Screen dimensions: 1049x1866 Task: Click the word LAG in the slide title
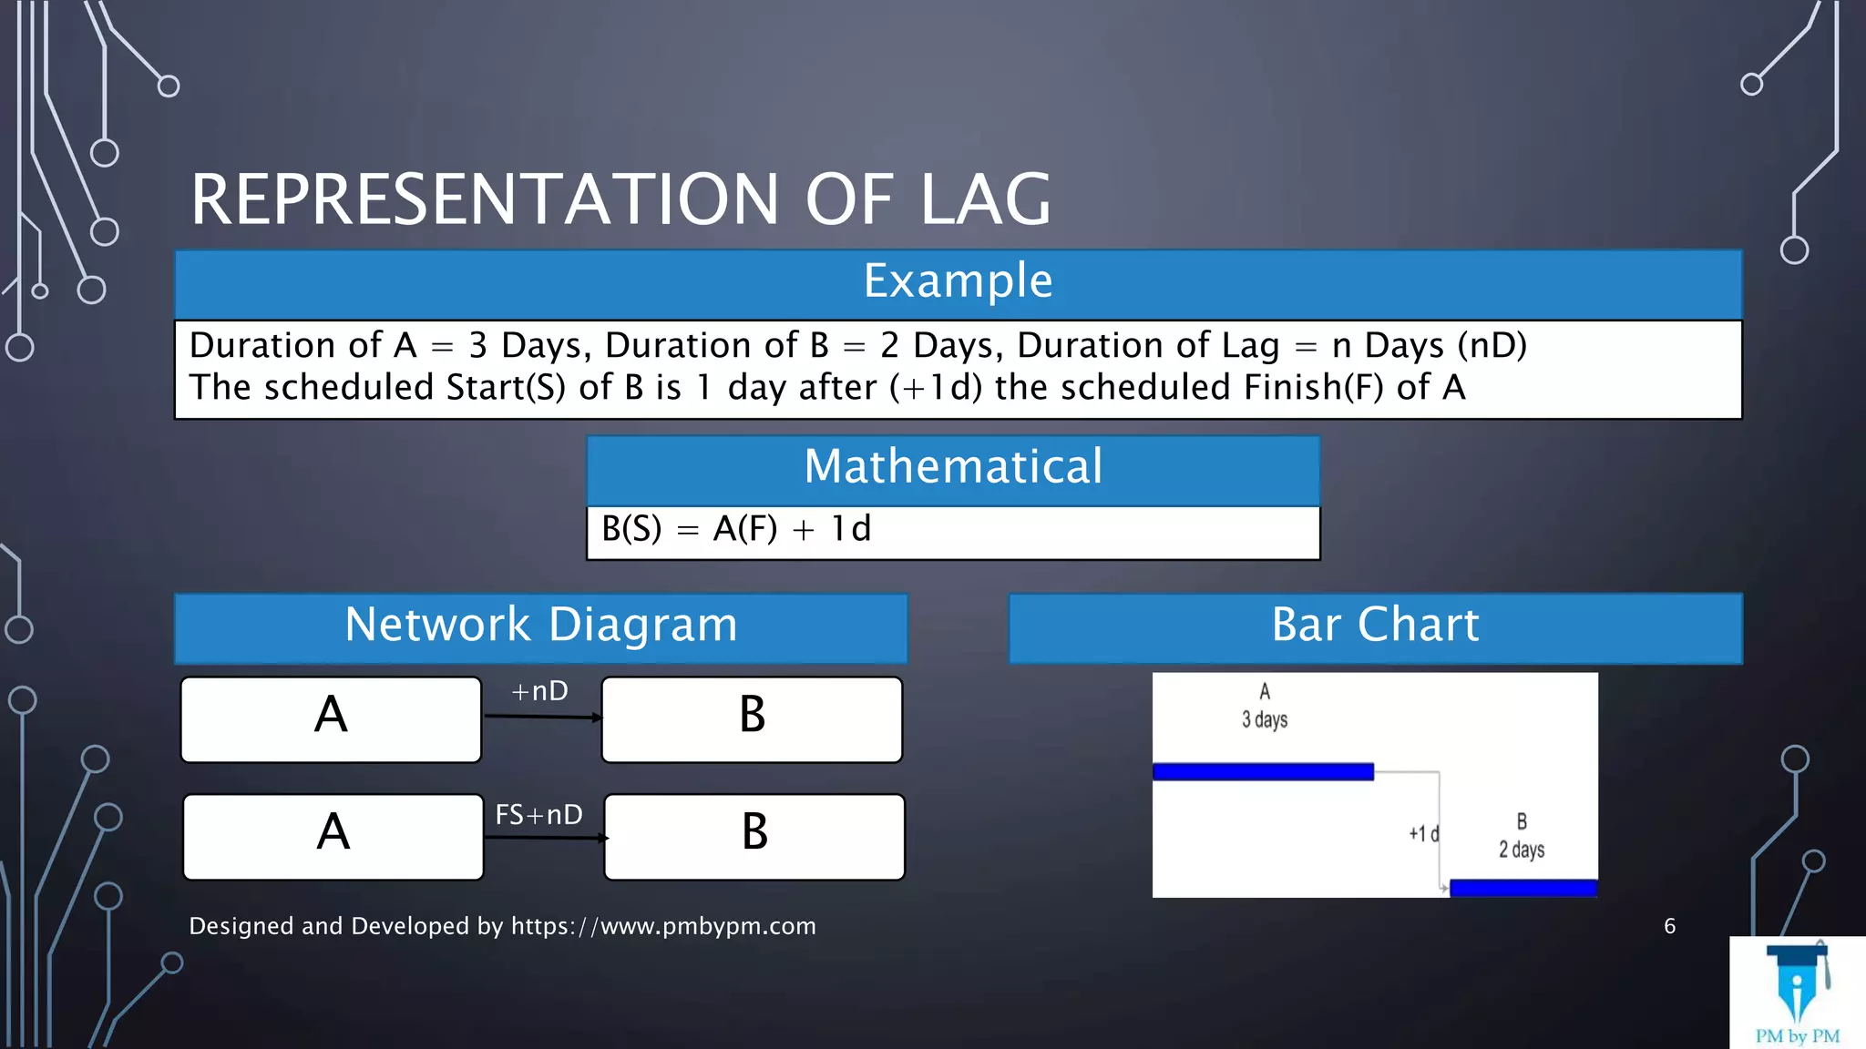coord(986,200)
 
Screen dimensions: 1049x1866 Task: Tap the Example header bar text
coord(958,281)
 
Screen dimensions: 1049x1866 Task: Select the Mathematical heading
coord(953,467)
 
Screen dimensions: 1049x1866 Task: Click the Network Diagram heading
coord(541,626)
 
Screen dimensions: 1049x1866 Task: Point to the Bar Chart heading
coord(1375,626)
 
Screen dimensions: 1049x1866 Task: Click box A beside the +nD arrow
coord(331,718)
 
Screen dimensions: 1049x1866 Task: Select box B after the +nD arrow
coord(752,718)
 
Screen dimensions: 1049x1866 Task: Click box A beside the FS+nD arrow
coord(333,836)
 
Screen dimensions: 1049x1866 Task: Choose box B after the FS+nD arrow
coord(754,836)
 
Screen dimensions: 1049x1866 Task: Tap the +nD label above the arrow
coord(539,692)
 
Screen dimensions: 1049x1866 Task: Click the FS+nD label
coord(538,815)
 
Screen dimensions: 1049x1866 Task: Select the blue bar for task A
coord(1263,772)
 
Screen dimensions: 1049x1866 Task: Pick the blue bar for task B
coord(1523,888)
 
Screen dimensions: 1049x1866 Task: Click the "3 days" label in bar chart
coord(1265,720)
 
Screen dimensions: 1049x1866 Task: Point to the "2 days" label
coord(1522,850)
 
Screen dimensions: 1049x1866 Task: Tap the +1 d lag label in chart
coord(1423,834)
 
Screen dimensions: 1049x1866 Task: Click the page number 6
coord(1669,927)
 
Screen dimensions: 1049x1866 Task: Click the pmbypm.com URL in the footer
coord(663,927)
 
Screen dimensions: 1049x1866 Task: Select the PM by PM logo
coord(1797,993)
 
